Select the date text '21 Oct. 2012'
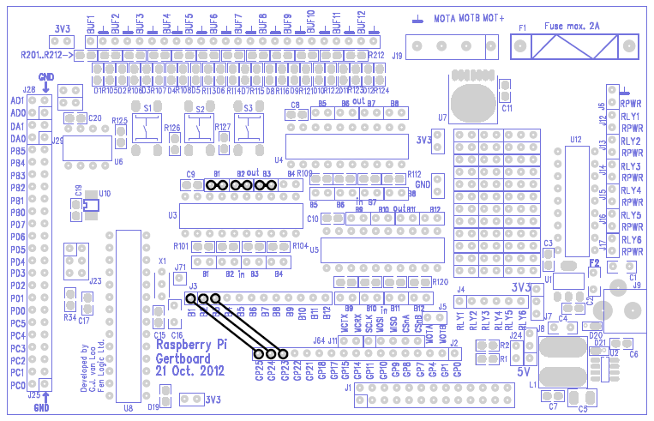190,371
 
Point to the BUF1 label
92,26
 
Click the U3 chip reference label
172,215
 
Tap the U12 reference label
575,138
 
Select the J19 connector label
398,55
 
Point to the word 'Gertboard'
182,358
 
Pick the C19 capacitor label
78,190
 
